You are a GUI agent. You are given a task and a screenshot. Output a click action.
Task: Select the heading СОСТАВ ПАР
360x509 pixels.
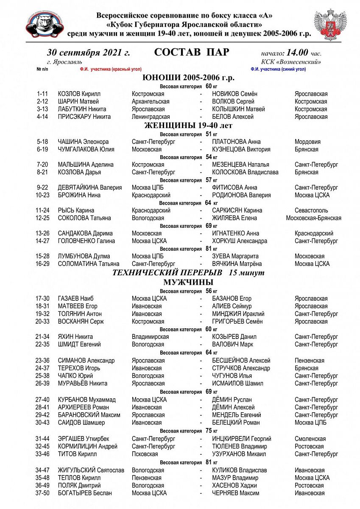192,53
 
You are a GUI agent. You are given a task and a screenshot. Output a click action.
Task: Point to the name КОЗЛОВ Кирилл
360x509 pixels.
79,94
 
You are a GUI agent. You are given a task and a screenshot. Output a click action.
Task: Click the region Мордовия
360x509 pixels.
307,142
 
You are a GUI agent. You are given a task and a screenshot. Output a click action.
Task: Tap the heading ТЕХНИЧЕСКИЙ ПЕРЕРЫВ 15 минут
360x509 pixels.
188,273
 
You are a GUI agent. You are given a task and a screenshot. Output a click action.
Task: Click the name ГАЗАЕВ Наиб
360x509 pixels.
75,299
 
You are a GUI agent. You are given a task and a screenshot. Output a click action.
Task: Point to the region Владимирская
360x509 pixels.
150,337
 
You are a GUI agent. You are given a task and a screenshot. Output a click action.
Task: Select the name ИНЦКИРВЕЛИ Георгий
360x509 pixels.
241,439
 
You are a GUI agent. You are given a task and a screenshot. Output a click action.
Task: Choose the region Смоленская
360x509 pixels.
310,439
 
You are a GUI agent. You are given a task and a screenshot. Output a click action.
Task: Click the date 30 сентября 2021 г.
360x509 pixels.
88,53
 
